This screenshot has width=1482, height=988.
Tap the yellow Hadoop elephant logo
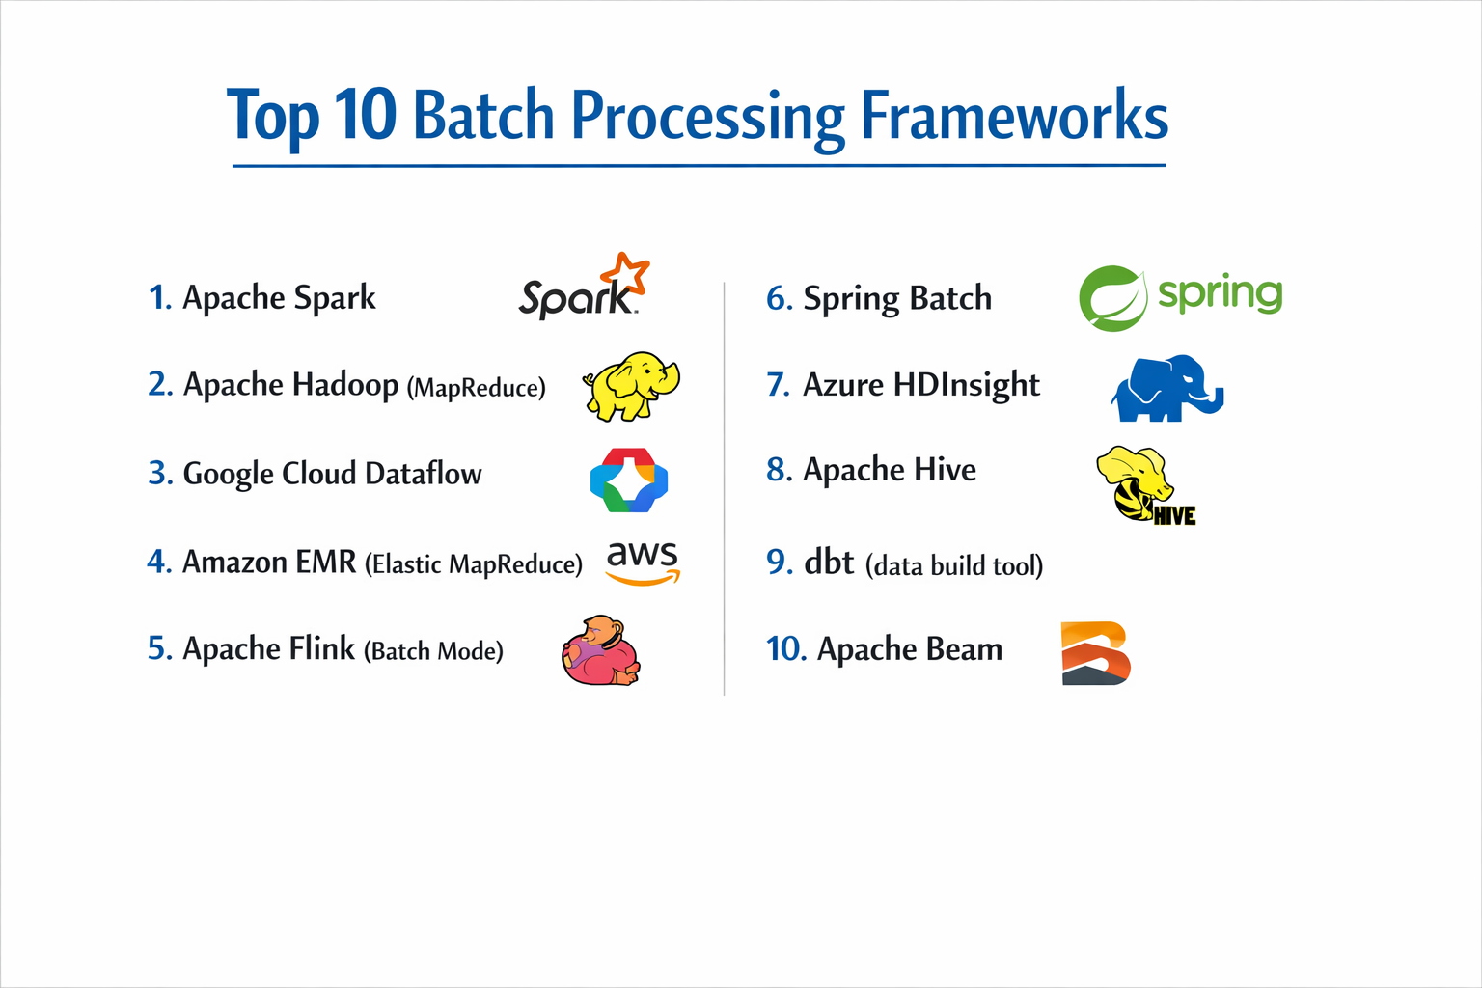pos(631,386)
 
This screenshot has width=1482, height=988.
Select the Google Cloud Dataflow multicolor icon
pos(629,480)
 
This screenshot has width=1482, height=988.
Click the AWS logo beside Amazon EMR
pos(643,563)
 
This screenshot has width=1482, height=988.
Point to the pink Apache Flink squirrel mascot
pos(601,651)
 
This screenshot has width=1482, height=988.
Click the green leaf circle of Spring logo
pos(1112,298)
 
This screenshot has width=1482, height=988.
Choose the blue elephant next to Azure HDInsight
pos(1166,389)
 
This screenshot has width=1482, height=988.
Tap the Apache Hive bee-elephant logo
pos(1144,485)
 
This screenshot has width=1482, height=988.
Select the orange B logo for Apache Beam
pos(1095,653)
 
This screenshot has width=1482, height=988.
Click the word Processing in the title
pos(707,117)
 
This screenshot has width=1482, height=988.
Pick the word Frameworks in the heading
pos(1013,117)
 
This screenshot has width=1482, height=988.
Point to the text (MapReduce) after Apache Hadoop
pos(476,388)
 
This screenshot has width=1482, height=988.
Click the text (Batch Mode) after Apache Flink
pos(433,651)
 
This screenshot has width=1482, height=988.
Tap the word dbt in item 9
pos(829,563)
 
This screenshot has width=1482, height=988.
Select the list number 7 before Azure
pos(778,385)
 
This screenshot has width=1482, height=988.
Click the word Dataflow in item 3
pos(424,474)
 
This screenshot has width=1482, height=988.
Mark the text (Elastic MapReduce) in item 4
pos(473,564)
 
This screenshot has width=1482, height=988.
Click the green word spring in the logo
pos(1220,293)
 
